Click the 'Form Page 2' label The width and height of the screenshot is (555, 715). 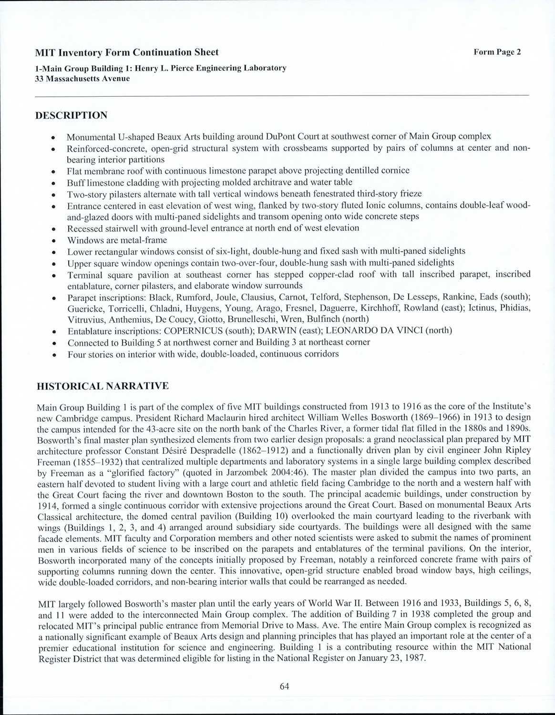(x=497, y=52)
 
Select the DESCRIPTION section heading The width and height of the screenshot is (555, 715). (x=72, y=115)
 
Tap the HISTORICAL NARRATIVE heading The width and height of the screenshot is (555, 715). (x=103, y=386)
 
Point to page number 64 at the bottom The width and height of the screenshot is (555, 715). (x=285, y=686)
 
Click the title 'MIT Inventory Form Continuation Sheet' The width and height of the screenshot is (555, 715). (x=127, y=52)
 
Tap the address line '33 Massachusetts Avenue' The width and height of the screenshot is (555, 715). (x=82, y=79)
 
